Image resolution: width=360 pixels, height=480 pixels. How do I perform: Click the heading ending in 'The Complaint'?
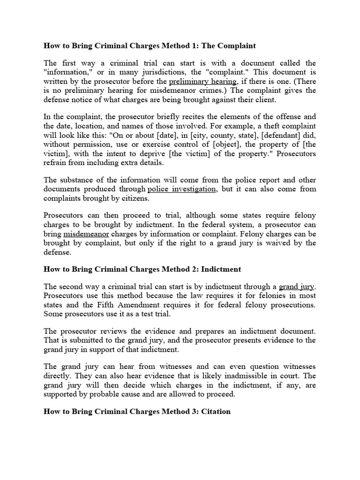(150, 46)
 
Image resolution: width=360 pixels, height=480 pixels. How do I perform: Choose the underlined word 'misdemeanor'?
(86, 233)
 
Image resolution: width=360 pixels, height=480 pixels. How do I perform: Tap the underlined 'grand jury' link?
(297, 286)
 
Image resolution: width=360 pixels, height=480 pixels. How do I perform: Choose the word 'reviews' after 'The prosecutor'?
(109, 331)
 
